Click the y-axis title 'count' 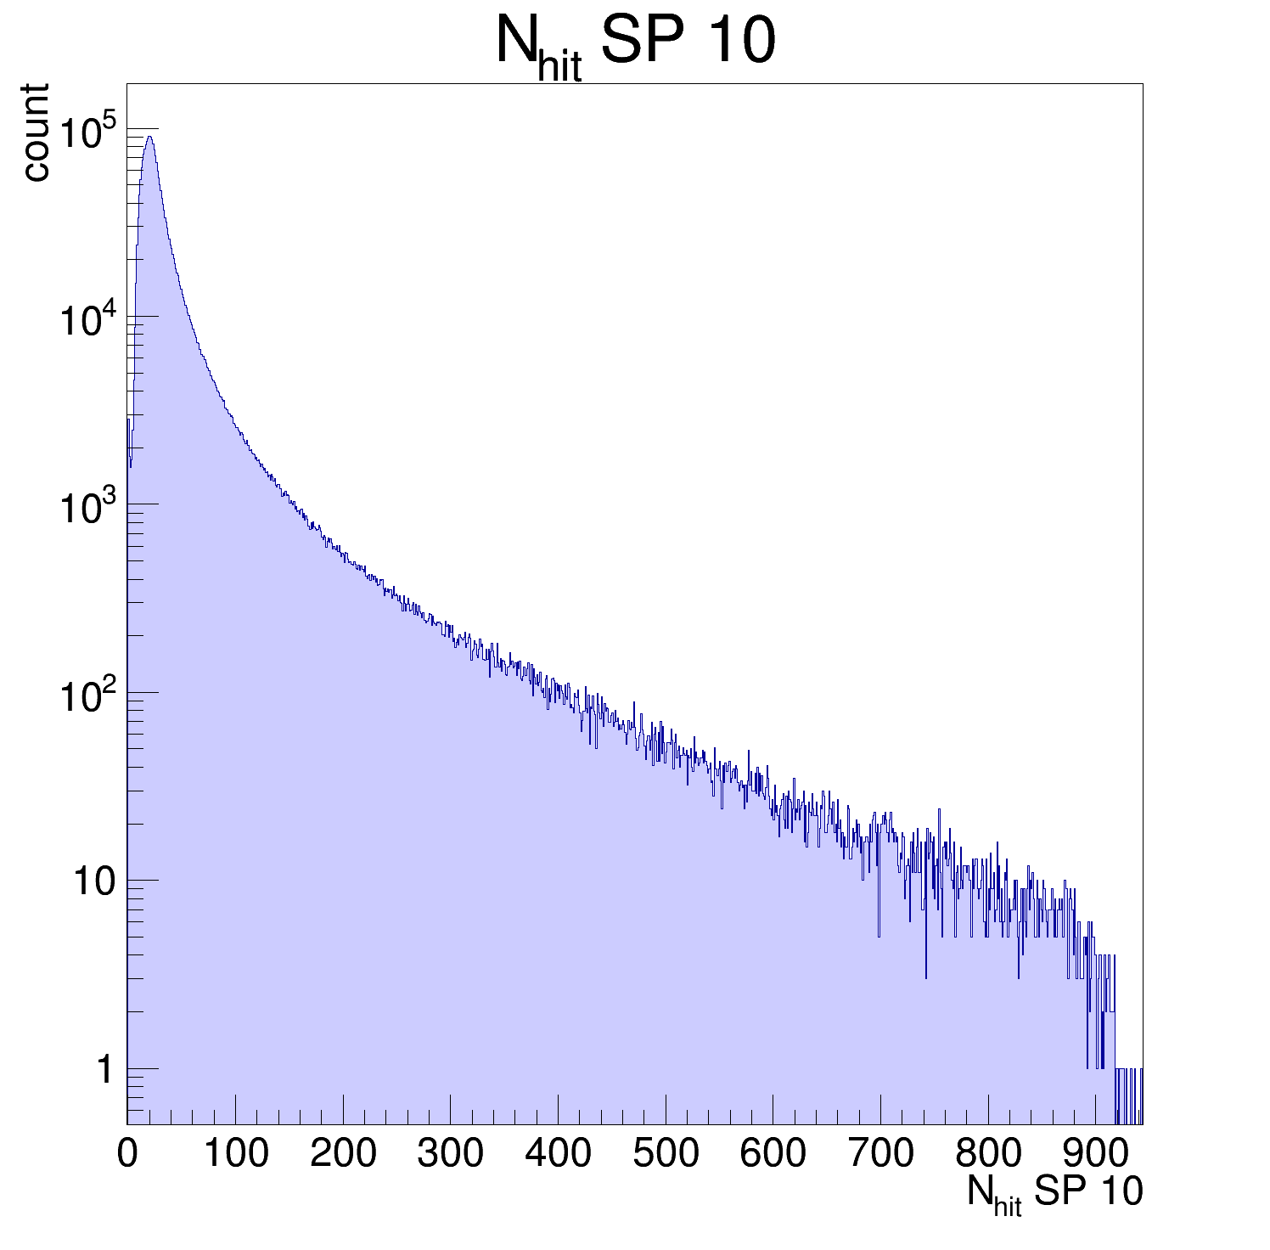coord(36,132)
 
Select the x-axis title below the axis coord(1054,1193)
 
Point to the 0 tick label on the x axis coord(127,1153)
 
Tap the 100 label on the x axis coord(235,1153)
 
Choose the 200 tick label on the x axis coord(343,1153)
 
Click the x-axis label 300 coord(450,1153)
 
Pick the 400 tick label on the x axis coord(558,1153)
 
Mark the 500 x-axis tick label coord(666,1153)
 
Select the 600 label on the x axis coord(773,1153)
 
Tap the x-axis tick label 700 coord(880,1153)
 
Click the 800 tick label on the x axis coord(988,1153)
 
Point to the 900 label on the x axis coord(1095,1153)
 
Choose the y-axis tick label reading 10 coord(93,882)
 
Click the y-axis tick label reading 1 coord(104,1070)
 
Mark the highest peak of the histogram coord(149,137)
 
